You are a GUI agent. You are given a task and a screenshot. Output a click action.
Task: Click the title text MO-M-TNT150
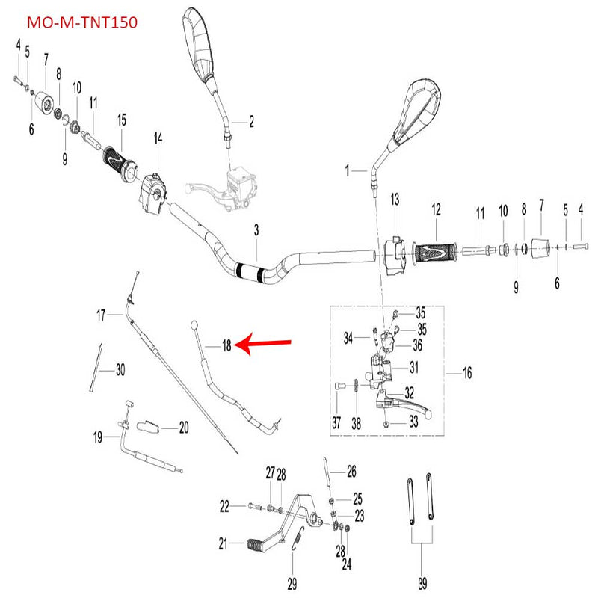point(82,23)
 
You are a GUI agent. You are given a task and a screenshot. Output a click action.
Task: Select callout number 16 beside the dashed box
point(468,372)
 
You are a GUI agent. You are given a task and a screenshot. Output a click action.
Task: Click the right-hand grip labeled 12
point(435,250)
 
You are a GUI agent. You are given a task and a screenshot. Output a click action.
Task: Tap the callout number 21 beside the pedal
point(222,544)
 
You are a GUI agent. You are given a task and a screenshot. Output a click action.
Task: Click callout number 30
point(120,369)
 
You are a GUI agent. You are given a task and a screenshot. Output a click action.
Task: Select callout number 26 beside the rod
point(351,472)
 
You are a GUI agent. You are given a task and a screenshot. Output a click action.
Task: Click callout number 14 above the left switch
point(158,138)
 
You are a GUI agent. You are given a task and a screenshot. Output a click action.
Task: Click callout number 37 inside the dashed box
point(336,423)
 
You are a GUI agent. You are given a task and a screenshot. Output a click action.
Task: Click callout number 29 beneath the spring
point(292,583)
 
